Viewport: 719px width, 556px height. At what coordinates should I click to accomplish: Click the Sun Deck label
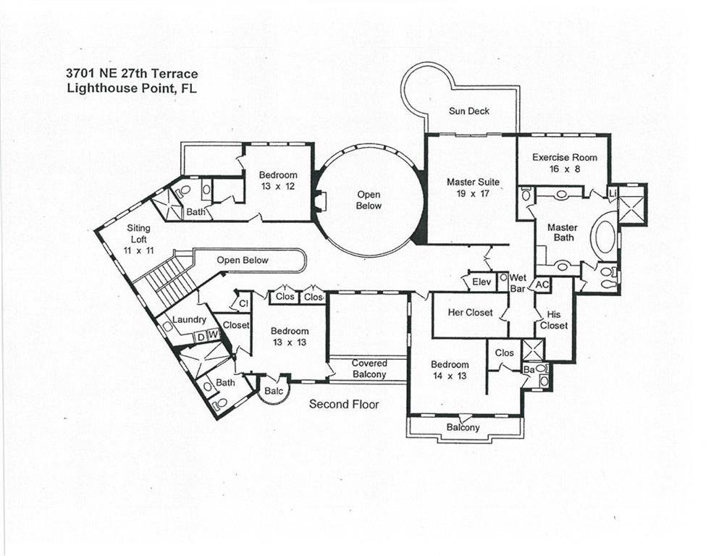point(469,111)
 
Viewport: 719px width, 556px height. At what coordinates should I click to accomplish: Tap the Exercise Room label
point(565,163)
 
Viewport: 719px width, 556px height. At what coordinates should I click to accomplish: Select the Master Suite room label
point(472,188)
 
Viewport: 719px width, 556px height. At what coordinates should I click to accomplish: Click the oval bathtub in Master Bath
point(605,237)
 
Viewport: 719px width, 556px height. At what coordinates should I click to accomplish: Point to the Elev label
point(482,282)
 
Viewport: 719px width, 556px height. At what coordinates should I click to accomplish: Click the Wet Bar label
point(518,283)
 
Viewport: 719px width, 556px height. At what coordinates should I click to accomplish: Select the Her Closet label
point(471,313)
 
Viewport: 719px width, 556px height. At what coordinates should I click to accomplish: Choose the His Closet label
point(554,320)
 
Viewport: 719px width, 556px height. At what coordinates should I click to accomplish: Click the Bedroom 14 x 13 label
point(450,370)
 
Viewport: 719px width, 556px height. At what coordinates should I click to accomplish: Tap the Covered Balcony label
point(369,368)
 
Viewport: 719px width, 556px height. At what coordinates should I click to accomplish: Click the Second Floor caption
point(344,404)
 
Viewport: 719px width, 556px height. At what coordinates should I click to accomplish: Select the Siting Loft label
point(139,233)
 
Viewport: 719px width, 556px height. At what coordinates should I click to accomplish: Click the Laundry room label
point(190,319)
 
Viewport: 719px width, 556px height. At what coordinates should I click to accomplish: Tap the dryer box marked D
point(200,334)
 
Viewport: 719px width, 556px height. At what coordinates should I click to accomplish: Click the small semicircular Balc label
point(273,390)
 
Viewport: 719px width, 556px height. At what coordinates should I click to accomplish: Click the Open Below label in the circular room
point(369,201)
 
